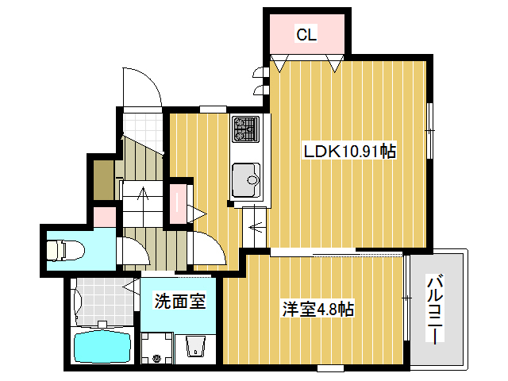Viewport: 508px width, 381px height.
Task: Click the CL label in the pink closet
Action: [306, 34]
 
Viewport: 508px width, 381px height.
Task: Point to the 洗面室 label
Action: [179, 302]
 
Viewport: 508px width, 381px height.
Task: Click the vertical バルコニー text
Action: [435, 310]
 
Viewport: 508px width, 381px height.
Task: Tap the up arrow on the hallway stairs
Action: [142, 194]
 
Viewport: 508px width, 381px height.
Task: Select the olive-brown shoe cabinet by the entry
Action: [102, 179]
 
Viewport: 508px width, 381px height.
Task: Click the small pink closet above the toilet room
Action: [102, 215]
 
